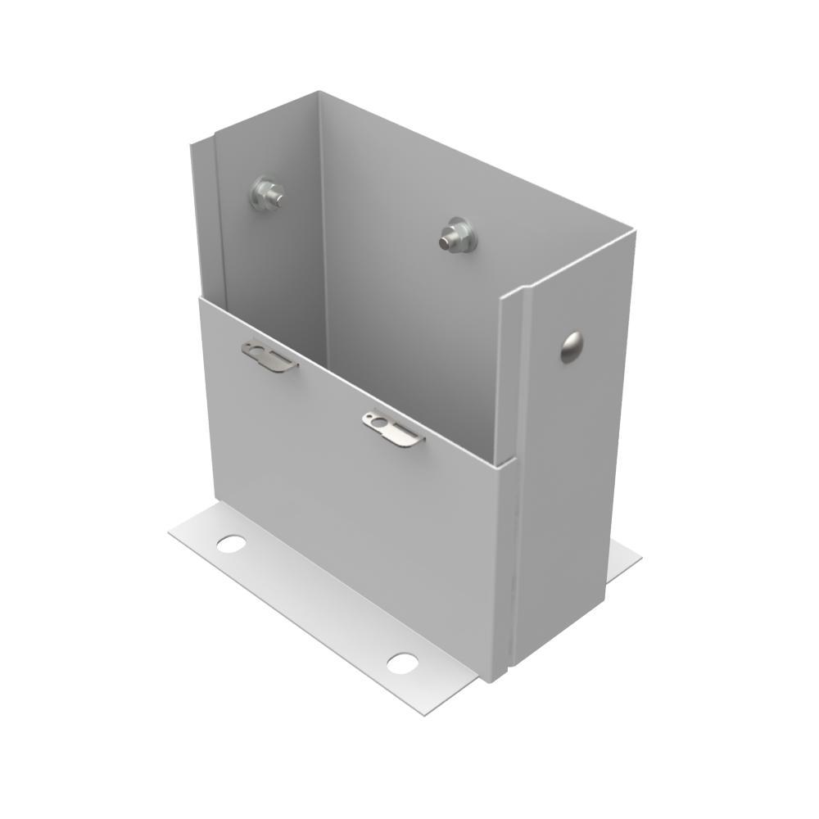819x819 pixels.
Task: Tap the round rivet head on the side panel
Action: click(571, 347)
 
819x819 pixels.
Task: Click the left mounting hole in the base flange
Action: click(231, 542)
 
